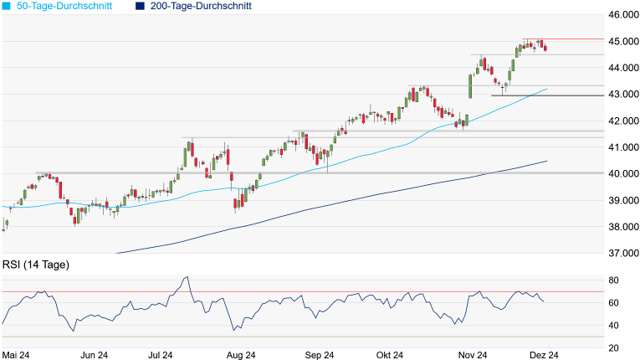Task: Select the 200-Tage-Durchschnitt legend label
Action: click(199, 6)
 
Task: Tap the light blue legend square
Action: click(7, 6)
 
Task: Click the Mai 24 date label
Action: click(17, 355)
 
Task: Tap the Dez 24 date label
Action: click(543, 355)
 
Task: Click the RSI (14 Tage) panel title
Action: click(35, 265)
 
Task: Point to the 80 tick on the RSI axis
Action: click(613, 280)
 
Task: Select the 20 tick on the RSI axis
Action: click(613, 348)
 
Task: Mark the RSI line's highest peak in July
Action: click(187, 277)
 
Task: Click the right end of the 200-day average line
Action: click(547, 161)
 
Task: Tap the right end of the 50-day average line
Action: click(547, 89)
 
